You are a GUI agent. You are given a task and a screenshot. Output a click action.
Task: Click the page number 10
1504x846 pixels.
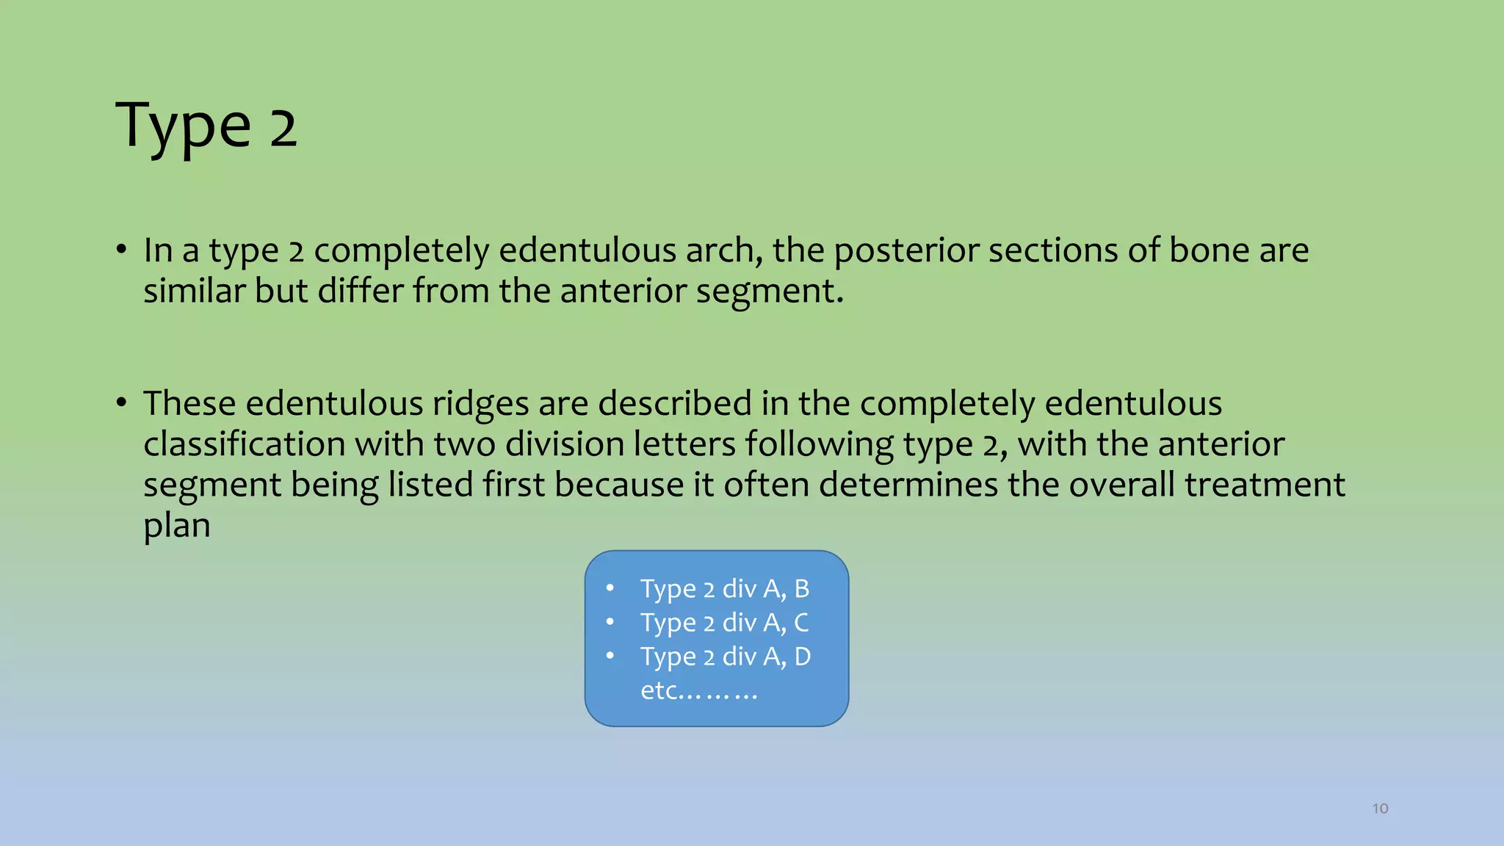tap(1380, 809)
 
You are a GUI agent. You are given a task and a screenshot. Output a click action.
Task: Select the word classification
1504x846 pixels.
tap(244, 444)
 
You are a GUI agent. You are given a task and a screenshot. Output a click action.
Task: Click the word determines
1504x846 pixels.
tap(908, 485)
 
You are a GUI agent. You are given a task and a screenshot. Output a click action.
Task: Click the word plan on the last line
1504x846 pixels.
tap(177, 527)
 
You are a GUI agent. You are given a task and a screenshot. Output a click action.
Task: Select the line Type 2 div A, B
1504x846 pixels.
tap(724, 589)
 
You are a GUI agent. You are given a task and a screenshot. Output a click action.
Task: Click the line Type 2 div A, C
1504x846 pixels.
tap(724, 623)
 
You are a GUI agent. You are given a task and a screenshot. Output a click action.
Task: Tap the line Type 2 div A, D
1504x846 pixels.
tap(725, 657)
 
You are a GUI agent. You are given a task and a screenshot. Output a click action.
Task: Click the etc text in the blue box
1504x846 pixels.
tap(698, 690)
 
